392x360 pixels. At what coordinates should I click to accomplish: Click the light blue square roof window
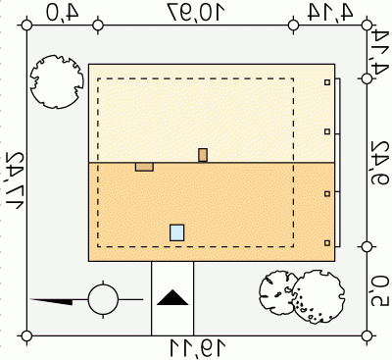pyautogui.click(x=177, y=232)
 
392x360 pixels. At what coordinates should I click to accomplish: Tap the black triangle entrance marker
pyautogui.click(x=172, y=297)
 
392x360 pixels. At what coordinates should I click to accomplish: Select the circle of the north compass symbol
pyautogui.click(x=103, y=299)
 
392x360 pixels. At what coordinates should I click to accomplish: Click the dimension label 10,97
pyautogui.click(x=197, y=12)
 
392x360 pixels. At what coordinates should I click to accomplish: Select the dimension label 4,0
pyautogui.click(x=63, y=13)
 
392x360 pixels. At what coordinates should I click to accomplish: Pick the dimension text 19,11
pyautogui.click(x=198, y=348)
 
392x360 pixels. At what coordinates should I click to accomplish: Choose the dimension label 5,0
pyautogui.click(x=379, y=290)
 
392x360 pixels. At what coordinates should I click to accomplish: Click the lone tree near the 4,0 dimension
pyautogui.click(x=57, y=81)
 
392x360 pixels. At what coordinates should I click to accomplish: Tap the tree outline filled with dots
pyautogui.click(x=318, y=297)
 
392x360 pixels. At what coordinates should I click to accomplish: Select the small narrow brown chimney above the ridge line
pyautogui.click(x=203, y=155)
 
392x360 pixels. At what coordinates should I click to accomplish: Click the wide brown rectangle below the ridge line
pyautogui.click(x=144, y=167)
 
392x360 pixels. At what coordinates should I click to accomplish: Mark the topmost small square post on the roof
pyautogui.click(x=327, y=82)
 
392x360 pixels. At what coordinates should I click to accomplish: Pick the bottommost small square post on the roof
pyautogui.click(x=327, y=243)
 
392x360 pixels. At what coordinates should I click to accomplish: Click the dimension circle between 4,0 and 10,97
pyautogui.click(x=98, y=26)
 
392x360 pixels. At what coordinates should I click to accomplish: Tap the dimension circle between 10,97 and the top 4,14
pyautogui.click(x=294, y=26)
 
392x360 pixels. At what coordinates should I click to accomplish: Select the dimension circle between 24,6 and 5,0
pyautogui.click(x=367, y=247)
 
